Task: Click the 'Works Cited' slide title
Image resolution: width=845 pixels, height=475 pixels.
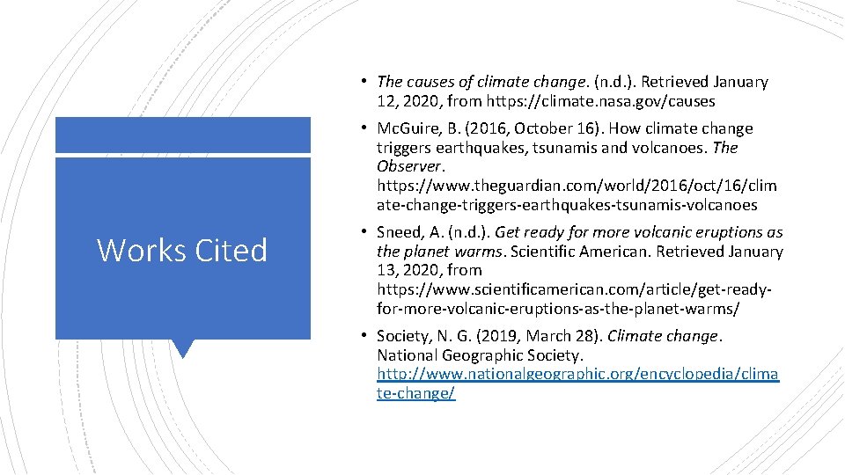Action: coord(182,251)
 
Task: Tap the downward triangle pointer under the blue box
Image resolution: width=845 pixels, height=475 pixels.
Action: coord(182,348)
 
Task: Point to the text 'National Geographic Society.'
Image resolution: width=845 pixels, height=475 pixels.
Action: coord(480,355)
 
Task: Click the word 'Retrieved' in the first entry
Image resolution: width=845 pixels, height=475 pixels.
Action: coord(674,82)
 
